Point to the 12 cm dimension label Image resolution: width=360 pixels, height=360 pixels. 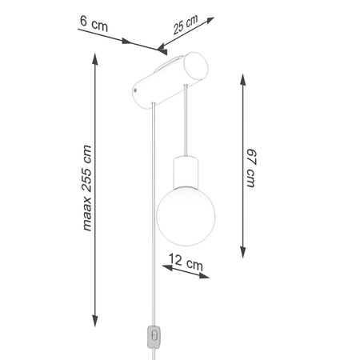point(186,262)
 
